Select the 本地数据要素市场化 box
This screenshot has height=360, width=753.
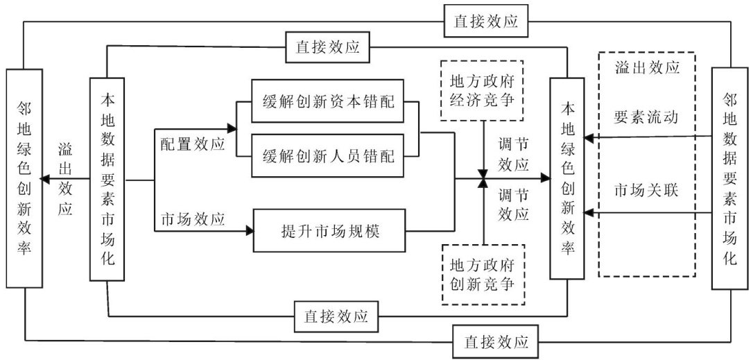[x=107, y=180]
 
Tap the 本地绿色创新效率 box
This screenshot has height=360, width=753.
[x=566, y=179]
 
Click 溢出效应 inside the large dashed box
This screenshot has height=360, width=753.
[x=646, y=69]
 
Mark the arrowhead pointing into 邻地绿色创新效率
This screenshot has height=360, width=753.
[x=44, y=180]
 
